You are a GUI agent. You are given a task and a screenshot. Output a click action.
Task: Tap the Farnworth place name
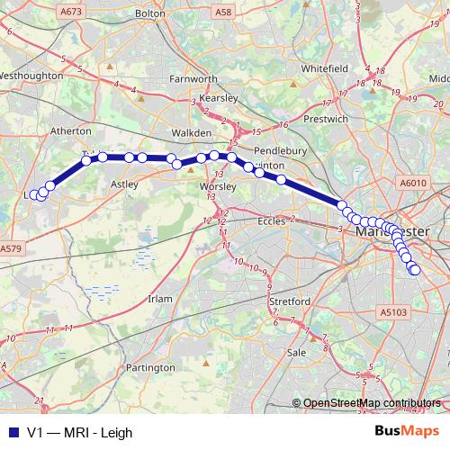193,79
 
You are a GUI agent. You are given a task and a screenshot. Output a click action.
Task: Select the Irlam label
160,298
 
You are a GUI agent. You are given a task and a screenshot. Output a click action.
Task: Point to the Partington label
150,368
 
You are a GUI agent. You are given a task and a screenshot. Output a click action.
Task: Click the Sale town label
296,354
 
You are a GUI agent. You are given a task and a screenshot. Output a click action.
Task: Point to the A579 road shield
11,248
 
